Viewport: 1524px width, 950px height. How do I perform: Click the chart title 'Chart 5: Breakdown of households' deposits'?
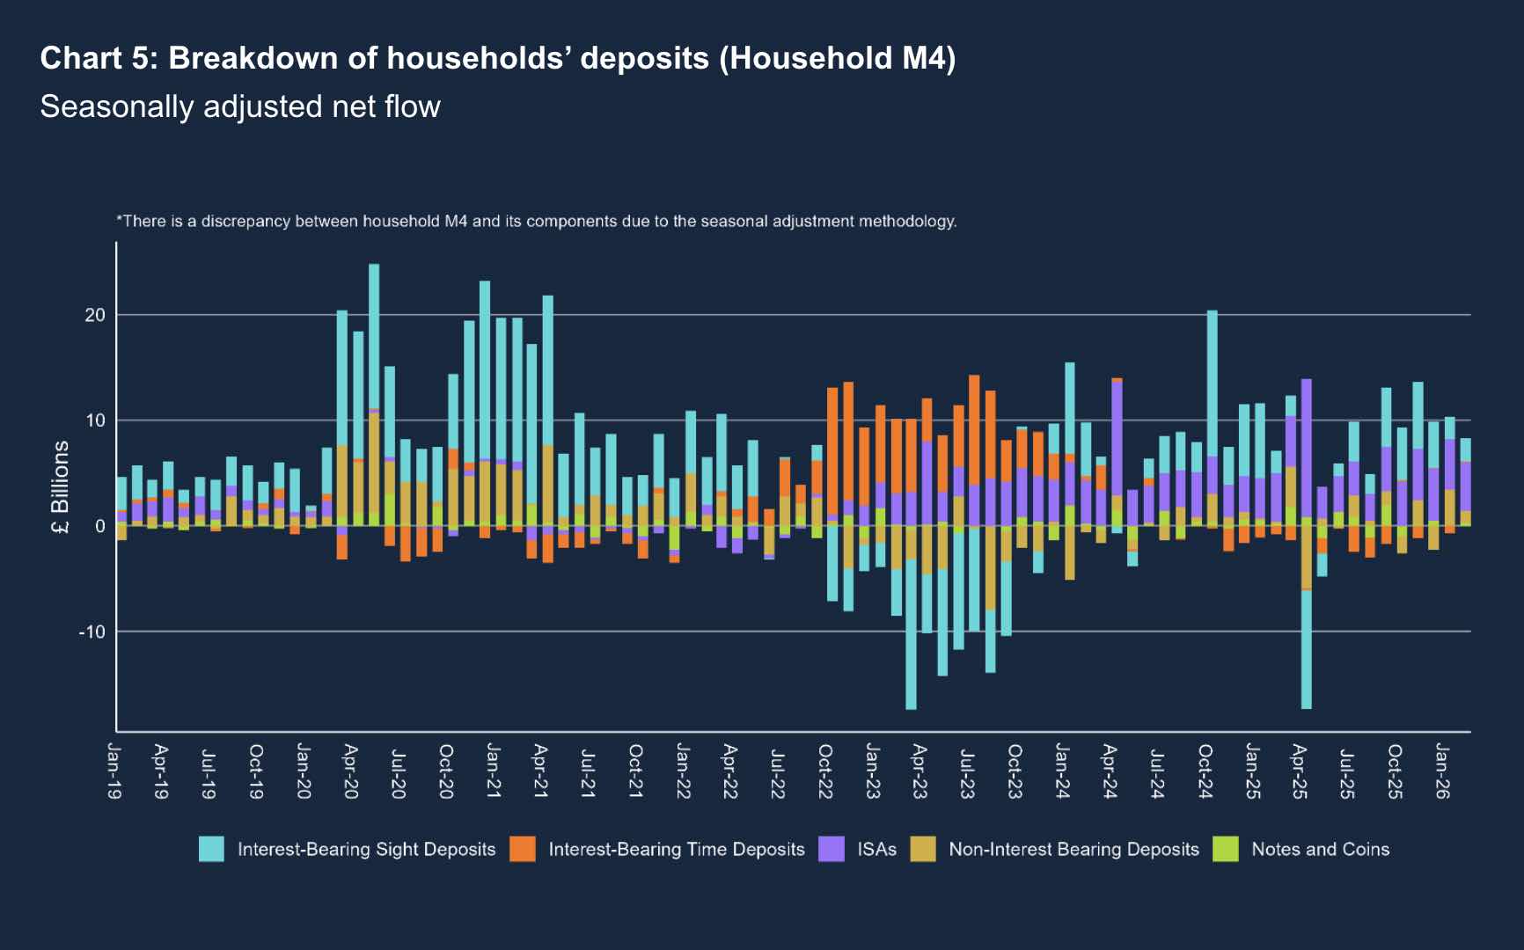pos(497,58)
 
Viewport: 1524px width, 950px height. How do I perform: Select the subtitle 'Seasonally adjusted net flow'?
pos(240,106)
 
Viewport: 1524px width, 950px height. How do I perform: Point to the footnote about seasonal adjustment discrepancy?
pos(536,221)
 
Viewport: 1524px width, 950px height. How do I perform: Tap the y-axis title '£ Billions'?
pos(60,488)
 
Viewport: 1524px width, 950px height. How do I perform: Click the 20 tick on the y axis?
pos(94,315)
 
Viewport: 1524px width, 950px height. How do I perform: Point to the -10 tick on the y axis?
pos(92,632)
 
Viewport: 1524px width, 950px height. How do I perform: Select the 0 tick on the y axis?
pos(99,526)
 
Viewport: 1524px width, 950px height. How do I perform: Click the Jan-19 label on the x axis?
pos(115,771)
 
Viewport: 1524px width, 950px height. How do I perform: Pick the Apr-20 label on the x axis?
pos(350,771)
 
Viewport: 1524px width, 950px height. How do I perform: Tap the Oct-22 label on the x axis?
pos(825,771)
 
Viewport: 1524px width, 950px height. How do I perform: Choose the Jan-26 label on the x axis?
pos(1442,771)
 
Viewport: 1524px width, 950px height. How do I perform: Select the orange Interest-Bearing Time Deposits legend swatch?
pos(523,849)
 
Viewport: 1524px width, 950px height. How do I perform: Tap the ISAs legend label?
pos(876,849)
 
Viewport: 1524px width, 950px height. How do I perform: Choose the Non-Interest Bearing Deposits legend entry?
pos(1073,849)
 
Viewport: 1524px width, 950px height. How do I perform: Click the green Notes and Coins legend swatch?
pos(1226,849)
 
